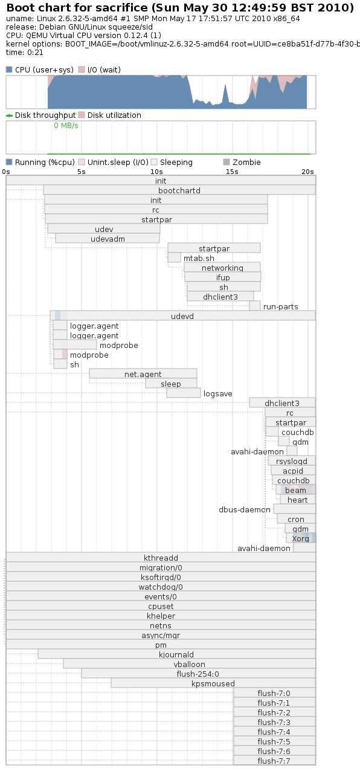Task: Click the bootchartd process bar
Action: pyautogui.click(x=179, y=190)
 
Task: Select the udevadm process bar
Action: pyautogui.click(x=108, y=238)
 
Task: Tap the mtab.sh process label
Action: pyautogui.click(x=199, y=258)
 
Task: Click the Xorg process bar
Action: pyautogui.click(x=301, y=538)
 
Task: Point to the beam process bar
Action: pyautogui.click(x=295, y=489)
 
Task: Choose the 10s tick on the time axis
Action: pyautogui.click(x=156, y=172)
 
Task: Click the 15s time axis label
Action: pyautogui.click(x=232, y=172)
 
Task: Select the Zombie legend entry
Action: pyautogui.click(x=242, y=162)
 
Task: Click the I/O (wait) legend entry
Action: pyautogui.click(x=100, y=70)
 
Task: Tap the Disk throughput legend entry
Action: pyautogui.click(x=40, y=115)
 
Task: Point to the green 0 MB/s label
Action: pyautogui.click(x=66, y=126)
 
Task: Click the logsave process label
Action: pyautogui.click(x=217, y=393)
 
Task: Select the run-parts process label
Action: pyautogui.click(x=280, y=306)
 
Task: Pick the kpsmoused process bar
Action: pyautogui.click(x=213, y=683)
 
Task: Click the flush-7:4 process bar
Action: pyautogui.click(x=275, y=731)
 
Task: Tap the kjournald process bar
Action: pyautogui.click(x=176, y=654)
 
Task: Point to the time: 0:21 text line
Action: pyautogui.click(x=24, y=53)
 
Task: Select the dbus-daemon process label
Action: pyautogui.click(x=245, y=509)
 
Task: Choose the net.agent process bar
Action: pyautogui.click(x=143, y=374)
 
